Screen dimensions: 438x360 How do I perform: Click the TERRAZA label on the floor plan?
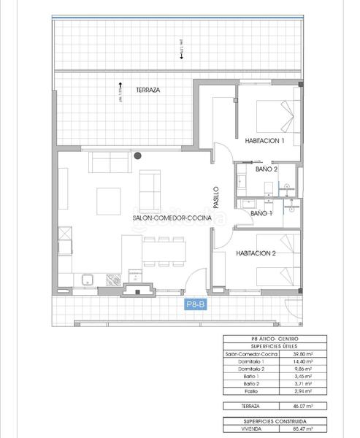[148, 91]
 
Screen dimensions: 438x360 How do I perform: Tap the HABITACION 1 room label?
[264, 141]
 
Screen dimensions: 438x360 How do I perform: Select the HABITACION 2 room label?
[256, 253]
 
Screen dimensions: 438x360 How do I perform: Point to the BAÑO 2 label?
[267, 169]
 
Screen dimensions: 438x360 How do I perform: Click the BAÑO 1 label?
[261, 213]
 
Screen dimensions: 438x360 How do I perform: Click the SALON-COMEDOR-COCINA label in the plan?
[172, 218]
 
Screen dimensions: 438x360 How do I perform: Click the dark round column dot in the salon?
[137, 155]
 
